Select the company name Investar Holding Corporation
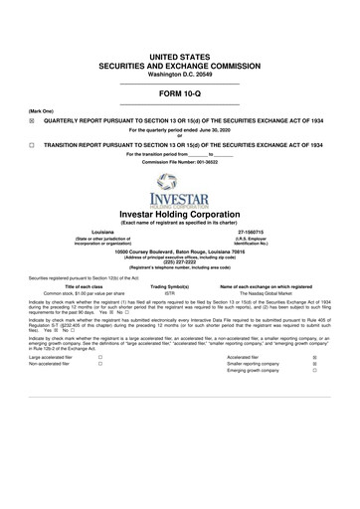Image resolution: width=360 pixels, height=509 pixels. [179, 214]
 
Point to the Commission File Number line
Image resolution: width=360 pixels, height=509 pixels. [179, 162]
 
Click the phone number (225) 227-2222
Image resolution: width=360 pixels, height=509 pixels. [179, 263]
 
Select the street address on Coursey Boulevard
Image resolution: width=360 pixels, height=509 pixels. [179, 253]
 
